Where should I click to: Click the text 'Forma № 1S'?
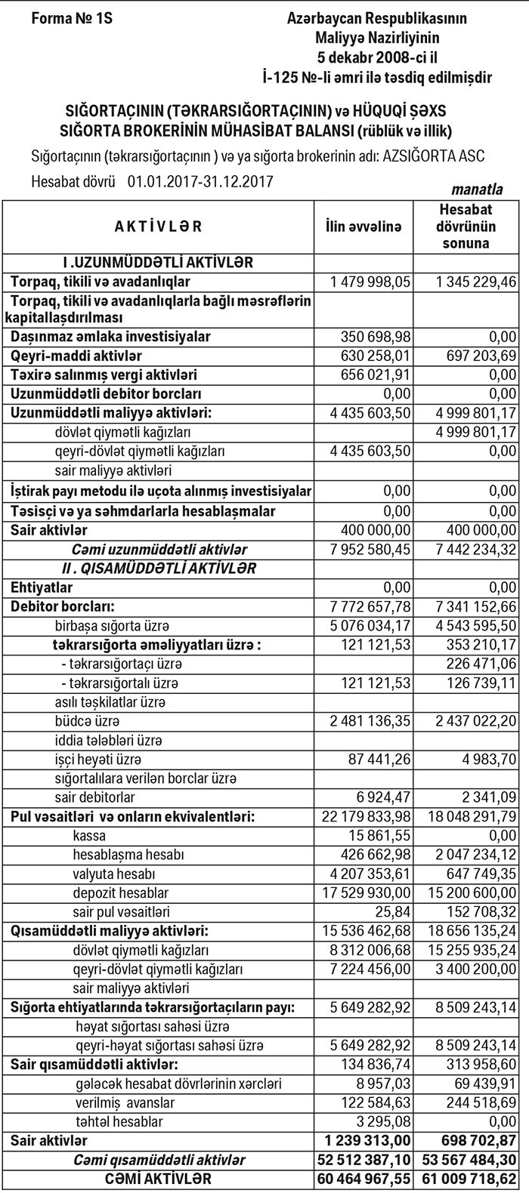72,17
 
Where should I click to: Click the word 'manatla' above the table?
477,189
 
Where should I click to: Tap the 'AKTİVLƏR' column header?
159,226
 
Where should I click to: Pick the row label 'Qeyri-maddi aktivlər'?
76,355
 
